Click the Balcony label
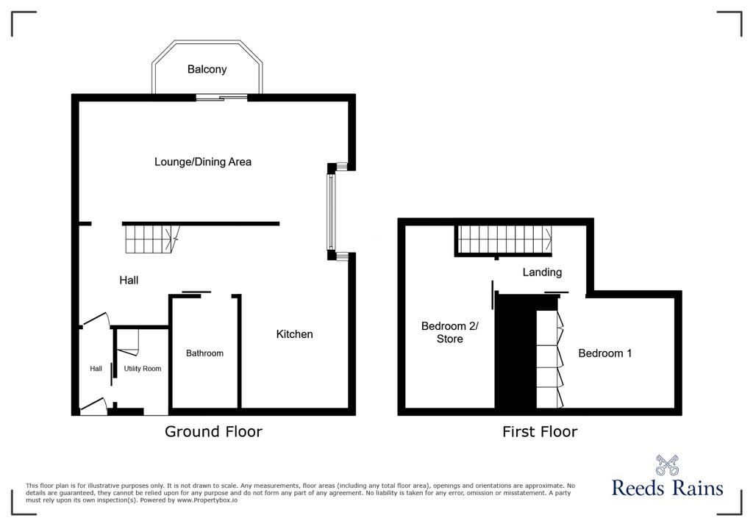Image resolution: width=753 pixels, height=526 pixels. pos(207,70)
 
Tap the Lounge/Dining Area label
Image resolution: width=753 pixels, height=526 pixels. pos(203,162)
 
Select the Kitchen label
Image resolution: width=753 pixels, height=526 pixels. pos(294,334)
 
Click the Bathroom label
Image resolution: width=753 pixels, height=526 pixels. pos(204,353)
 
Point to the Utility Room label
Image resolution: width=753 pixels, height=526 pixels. pos(143,369)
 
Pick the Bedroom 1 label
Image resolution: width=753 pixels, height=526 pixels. pos(604,353)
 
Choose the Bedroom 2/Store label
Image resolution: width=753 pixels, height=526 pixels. pos(449,332)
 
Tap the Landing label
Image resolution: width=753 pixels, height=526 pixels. pos(542,273)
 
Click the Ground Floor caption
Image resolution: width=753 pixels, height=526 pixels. pos(214,431)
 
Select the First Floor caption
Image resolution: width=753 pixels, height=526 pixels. pos(540,431)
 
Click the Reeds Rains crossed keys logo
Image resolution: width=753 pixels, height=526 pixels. pos(667,465)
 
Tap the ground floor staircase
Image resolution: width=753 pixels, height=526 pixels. pos(152,239)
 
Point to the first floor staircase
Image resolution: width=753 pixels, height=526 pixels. pos(504,239)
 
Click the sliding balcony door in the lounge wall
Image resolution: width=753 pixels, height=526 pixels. pos(221,98)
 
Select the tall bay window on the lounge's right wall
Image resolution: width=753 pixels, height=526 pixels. pos(331,212)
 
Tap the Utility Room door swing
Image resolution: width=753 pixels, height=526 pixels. pos(128,342)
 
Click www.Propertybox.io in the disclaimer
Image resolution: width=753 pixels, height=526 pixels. pos(207,500)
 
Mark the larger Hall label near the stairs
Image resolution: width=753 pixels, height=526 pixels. pos(129,281)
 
